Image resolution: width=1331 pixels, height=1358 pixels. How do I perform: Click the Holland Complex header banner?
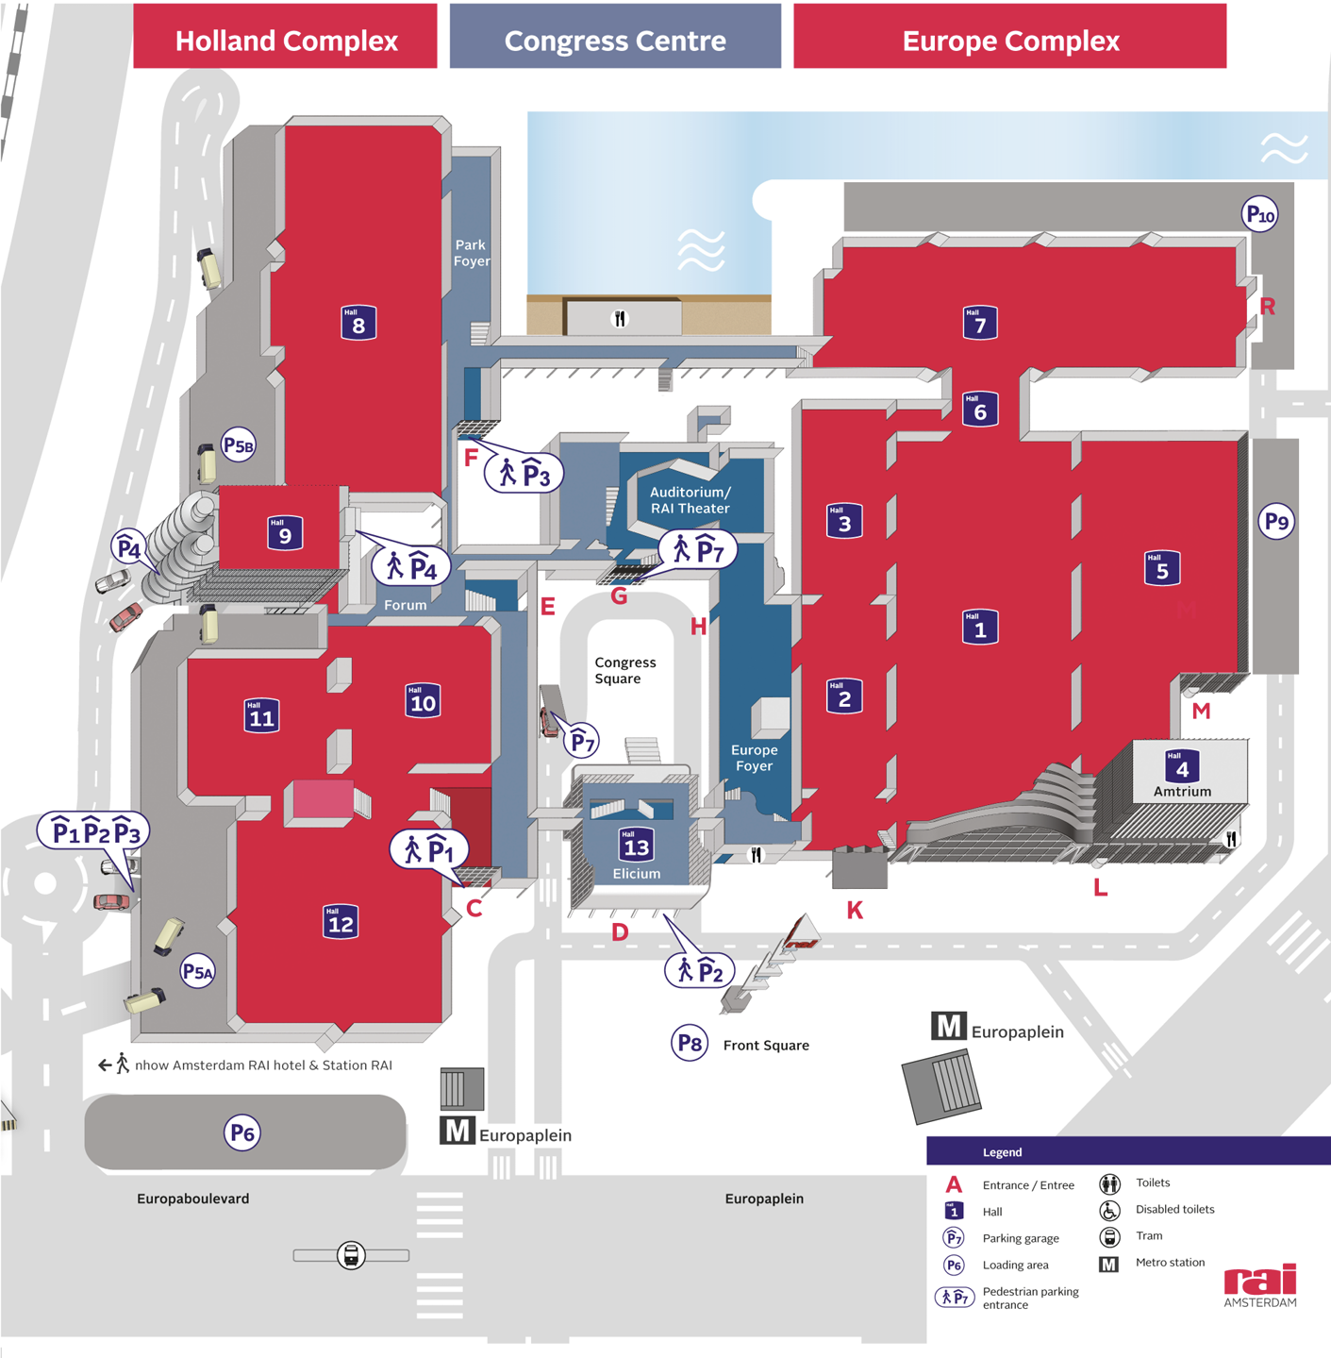[286, 36]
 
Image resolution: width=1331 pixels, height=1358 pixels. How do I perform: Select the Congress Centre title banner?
[615, 36]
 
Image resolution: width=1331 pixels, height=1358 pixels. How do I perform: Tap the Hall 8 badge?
[358, 323]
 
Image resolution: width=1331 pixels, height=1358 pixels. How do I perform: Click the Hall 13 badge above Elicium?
[637, 845]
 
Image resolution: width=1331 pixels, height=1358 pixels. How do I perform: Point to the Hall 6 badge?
[980, 410]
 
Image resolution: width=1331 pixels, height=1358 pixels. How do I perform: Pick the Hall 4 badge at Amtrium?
[1182, 766]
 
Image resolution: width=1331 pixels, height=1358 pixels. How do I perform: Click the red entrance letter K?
[855, 911]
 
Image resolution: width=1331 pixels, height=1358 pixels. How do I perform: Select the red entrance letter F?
[471, 458]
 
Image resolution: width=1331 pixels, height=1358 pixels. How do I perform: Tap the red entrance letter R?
[1267, 307]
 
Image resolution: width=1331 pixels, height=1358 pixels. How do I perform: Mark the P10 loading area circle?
[1260, 214]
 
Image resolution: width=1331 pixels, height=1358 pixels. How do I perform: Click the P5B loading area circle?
[239, 444]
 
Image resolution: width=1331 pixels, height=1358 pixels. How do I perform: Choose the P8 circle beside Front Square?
[690, 1042]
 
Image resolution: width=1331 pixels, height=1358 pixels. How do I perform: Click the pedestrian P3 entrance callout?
[524, 472]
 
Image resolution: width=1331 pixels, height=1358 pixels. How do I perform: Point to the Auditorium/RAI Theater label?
[690, 500]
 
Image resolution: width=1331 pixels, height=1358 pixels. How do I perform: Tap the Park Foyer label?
[472, 253]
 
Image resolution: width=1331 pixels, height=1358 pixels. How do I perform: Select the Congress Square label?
[625, 670]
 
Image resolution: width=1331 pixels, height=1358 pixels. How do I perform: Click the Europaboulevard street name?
[193, 1199]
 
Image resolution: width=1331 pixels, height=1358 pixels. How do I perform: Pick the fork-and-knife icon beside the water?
[620, 319]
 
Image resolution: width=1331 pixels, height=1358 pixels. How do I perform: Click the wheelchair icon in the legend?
[1109, 1210]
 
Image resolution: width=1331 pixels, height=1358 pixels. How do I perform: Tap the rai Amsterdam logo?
[1260, 1285]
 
